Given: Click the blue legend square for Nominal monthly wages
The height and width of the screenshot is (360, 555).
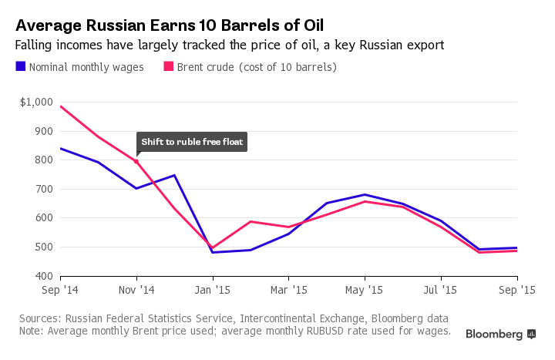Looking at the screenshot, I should [x=21, y=67].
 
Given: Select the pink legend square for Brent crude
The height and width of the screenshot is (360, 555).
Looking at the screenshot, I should [x=166, y=67].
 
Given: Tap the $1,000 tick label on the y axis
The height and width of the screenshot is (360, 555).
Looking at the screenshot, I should [x=36, y=102].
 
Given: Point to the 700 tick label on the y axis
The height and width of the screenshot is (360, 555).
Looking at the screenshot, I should [x=44, y=189].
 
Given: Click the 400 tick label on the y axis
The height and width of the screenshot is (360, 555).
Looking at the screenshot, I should [x=44, y=276].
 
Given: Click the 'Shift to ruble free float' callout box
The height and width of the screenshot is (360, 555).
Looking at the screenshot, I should [x=191, y=142].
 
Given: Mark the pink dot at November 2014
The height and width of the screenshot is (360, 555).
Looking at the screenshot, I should [x=136, y=161].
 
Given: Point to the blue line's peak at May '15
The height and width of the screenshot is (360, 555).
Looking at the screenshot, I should [x=365, y=194].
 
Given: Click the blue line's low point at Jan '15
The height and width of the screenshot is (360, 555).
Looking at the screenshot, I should [x=213, y=252].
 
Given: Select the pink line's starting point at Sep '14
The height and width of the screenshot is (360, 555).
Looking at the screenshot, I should [x=60, y=106].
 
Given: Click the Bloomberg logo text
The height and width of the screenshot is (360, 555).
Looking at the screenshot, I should [x=495, y=334].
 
